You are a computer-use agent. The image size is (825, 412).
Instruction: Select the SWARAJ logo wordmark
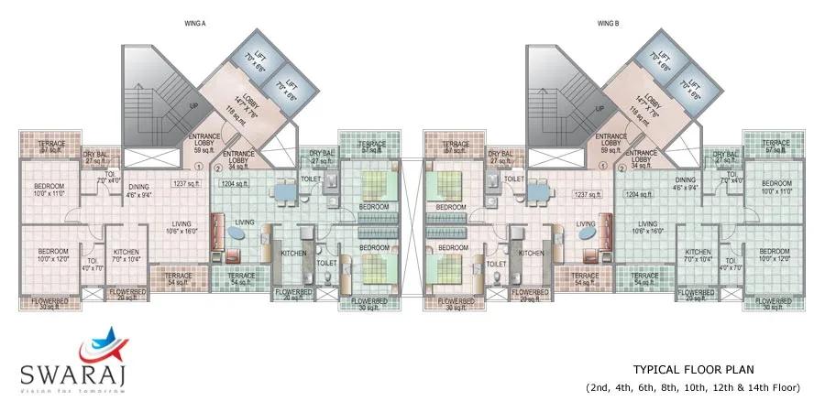click(x=73, y=373)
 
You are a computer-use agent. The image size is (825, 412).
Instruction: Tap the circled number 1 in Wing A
click(x=199, y=168)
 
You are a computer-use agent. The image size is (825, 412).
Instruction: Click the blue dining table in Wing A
click(x=282, y=192)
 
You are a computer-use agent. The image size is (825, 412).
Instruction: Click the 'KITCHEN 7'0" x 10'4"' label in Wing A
click(x=126, y=255)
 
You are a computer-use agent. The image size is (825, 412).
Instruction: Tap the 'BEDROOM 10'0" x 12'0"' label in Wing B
click(x=775, y=255)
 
